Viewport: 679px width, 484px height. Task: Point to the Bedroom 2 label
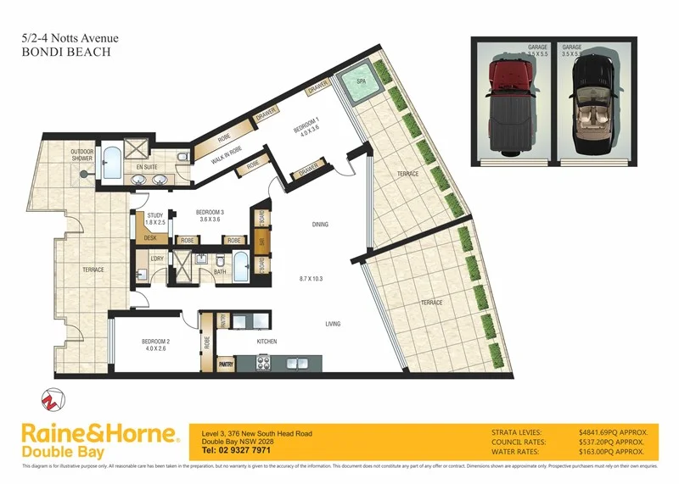tap(158, 343)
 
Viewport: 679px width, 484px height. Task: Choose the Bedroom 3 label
tap(209, 214)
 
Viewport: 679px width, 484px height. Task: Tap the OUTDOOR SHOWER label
tap(81, 155)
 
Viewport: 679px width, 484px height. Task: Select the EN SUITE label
tap(147, 167)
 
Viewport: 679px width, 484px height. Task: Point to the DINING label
tap(319, 225)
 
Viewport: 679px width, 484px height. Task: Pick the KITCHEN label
tap(268, 342)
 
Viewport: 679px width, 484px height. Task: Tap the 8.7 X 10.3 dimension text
tap(313, 278)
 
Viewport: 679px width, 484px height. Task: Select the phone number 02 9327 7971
tap(242, 450)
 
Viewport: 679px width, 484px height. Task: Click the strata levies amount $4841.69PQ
tap(609, 432)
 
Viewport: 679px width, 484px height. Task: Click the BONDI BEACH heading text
tap(64, 52)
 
